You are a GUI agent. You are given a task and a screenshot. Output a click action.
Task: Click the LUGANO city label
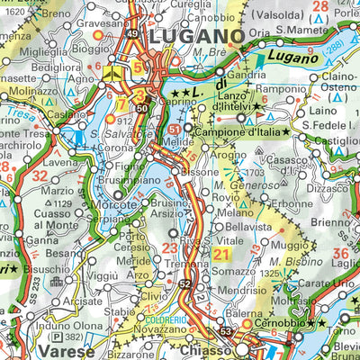point(196,37)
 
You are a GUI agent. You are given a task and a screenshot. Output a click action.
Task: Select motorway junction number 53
point(227,332)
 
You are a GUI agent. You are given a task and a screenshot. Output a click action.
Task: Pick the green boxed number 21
point(222,256)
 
